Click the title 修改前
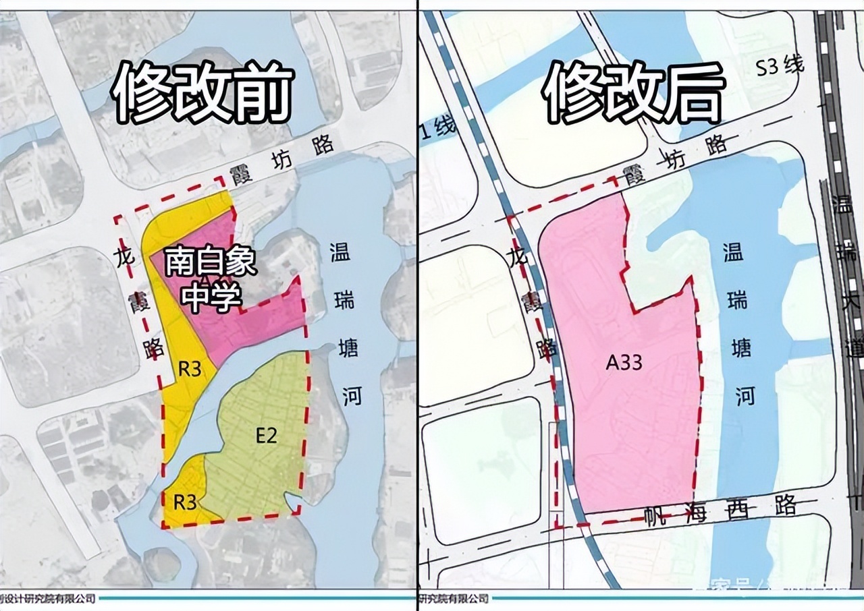[203, 94]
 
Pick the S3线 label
[780, 67]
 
